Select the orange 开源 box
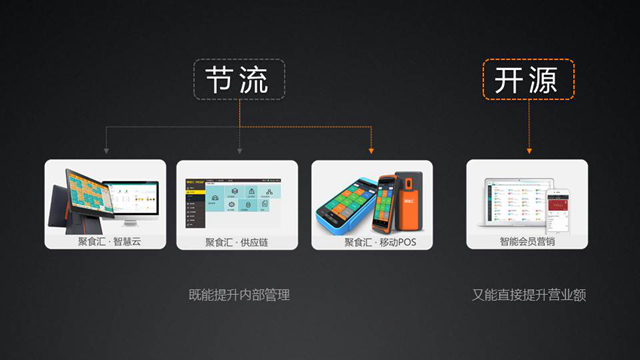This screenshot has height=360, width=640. (527, 79)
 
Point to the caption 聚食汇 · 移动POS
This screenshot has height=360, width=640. (373, 241)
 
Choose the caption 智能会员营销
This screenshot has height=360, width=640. (526, 241)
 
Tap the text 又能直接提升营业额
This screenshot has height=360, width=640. (528, 296)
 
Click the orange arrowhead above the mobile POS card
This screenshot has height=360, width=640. (373, 151)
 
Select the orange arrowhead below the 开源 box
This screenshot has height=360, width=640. (527, 151)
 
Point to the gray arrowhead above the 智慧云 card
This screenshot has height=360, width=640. (104, 151)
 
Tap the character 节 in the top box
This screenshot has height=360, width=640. (222, 79)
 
